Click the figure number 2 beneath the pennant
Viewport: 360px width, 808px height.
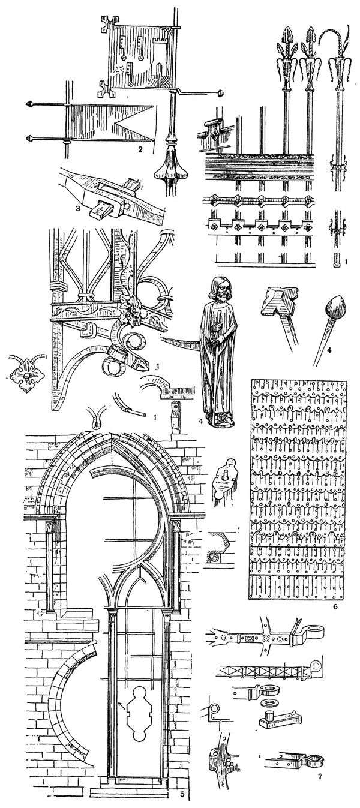point(139,149)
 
